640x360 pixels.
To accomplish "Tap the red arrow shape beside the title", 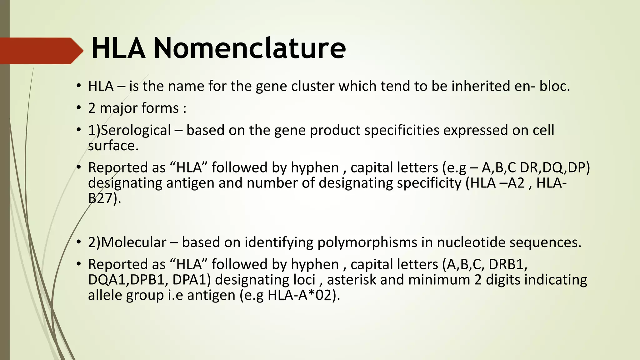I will pyautogui.click(x=41, y=51).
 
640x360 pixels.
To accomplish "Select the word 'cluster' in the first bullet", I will pyautogui.click(x=313, y=86).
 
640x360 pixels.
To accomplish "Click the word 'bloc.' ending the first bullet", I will pyautogui.click(x=555, y=86).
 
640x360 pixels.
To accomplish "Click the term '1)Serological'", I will pyautogui.click(x=129, y=130).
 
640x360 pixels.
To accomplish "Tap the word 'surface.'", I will pyautogui.click(x=113, y=146).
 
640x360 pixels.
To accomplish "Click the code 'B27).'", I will pyautogui.click(x=104, y=198).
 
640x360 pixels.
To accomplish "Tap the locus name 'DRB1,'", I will pyautogui.click(x=508, y=264).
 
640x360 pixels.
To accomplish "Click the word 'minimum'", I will pyautogui.click(x=439, y=280).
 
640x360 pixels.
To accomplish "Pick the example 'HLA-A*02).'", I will pyautogui.click(x=303, y=295).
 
